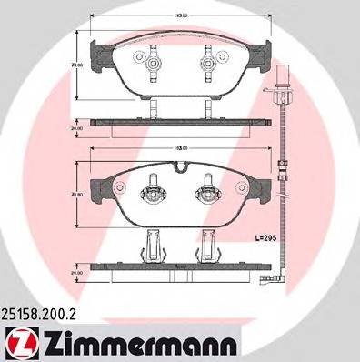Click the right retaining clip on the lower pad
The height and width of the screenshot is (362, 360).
(206, 193)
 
